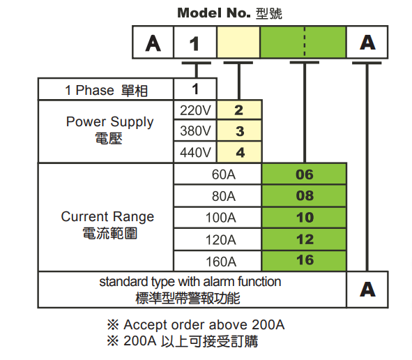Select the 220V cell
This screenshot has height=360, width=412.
[x=195, y=110]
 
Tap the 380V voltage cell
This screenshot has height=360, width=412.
[x=195, y=130]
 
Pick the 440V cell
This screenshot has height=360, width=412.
[x=195, y=152]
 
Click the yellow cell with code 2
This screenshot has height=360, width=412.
[x=239, y=110]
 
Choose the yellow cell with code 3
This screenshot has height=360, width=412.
[x=239, y=130]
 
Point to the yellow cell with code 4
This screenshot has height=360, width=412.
[x=239, y=152]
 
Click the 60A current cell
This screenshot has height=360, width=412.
[x=218, y=174]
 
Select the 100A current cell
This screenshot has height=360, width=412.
[x=218, y=218]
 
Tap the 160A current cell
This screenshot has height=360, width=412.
[x=218, y=261]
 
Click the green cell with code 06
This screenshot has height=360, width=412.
[x=304, y=174]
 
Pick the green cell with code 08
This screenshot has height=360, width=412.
[x=304, y=196]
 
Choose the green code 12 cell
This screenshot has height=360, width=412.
[x=304, y=239]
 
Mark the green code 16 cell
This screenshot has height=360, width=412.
[x=304, y=261]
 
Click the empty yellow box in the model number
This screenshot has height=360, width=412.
[x=238, y=42]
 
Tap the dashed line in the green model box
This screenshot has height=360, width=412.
[x=304, y=42]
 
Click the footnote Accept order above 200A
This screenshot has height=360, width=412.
[x=196, y=324]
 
